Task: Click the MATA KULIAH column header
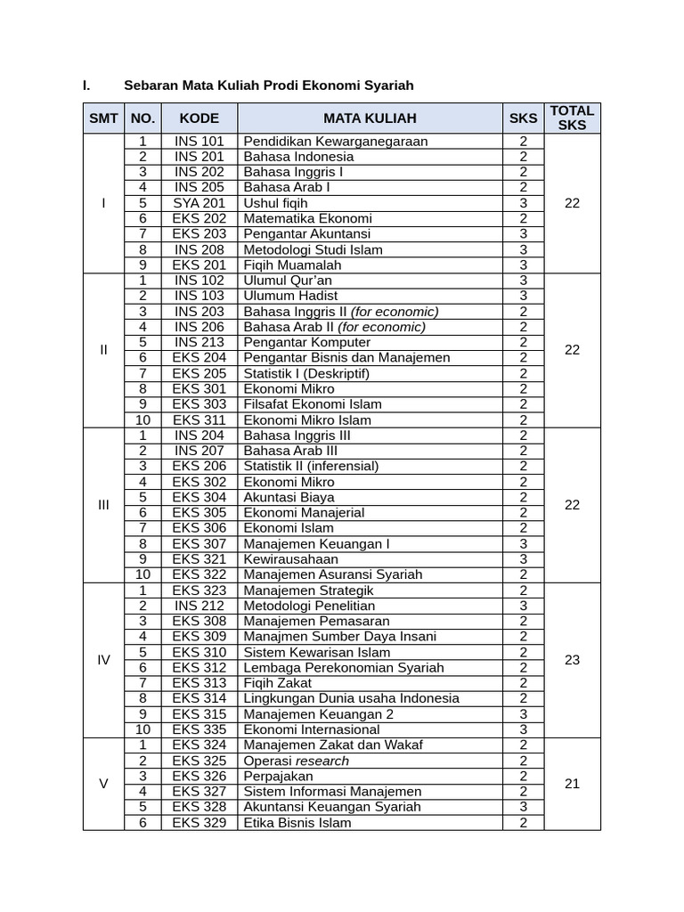tap(370, 118)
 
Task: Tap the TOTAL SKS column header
tap(572, 118)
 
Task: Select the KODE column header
tap(199, 118)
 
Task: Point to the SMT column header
tap(103, 118)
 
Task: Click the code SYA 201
tap(199, 203)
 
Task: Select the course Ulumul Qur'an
tap(281, 281)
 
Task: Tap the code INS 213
tap(199, 342)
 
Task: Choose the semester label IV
tap(103, 660)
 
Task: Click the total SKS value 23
tap(572, 660)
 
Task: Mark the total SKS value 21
tap(572, 784)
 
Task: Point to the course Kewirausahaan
tap(290, 559)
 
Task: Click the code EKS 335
tap(199, 729)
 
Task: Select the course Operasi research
tap(297, 761)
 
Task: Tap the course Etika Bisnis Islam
tap(297, 823)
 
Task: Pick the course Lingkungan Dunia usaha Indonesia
tap(352, 698)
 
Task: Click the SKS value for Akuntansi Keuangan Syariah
tap(524, 807)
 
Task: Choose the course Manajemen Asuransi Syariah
tap(333, 574)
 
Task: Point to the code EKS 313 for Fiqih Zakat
tap(199, 683)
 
